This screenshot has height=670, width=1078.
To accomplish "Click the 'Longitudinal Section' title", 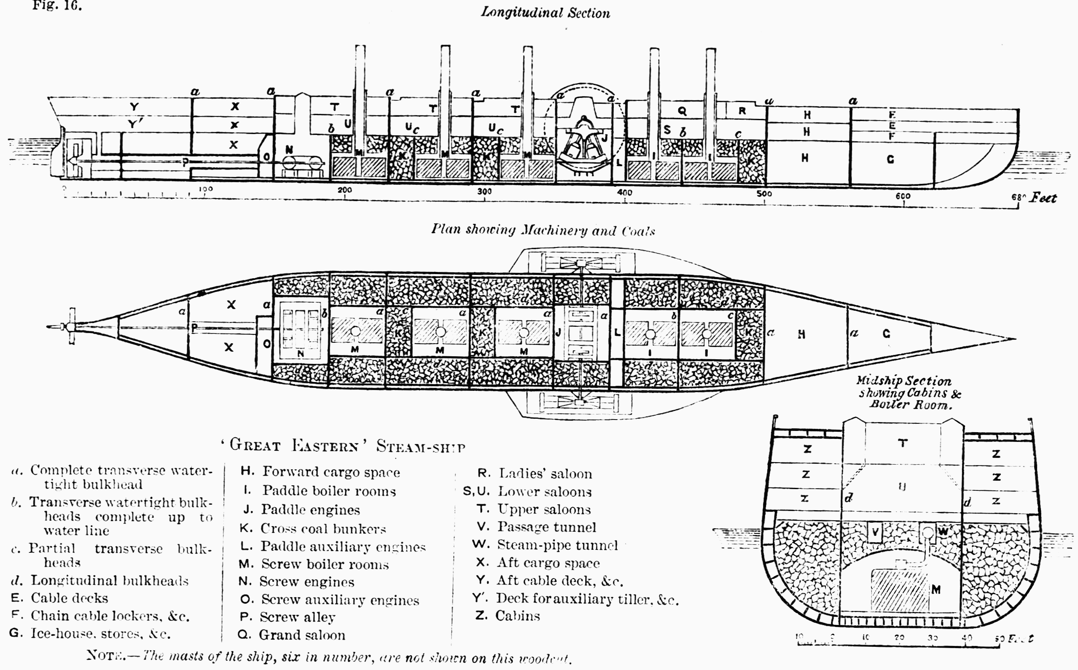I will (546, 12).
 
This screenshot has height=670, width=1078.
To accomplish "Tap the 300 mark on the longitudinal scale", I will (484, 191).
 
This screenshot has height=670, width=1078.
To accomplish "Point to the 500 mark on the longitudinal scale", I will (764, 194).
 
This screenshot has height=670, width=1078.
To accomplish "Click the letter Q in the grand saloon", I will (682, 111).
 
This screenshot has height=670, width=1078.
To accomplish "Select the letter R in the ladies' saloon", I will (742, 111).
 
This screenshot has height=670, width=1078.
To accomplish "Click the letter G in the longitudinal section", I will (890, 159).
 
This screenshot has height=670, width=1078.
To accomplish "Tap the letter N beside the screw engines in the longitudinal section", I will (289, 150).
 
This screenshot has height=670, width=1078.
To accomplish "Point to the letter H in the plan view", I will (801, 334).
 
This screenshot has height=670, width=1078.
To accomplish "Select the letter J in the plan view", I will (558, 332).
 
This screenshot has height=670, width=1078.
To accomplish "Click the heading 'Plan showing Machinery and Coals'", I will (543, 230).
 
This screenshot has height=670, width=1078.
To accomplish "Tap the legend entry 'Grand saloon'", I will (302, 635).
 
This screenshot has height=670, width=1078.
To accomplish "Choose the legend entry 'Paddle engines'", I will (310, 510).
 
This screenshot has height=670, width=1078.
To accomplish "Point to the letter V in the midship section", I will (875, 532).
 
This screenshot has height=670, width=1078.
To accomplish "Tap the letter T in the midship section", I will (903, 443).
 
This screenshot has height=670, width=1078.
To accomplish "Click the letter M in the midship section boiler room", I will (936, 589).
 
